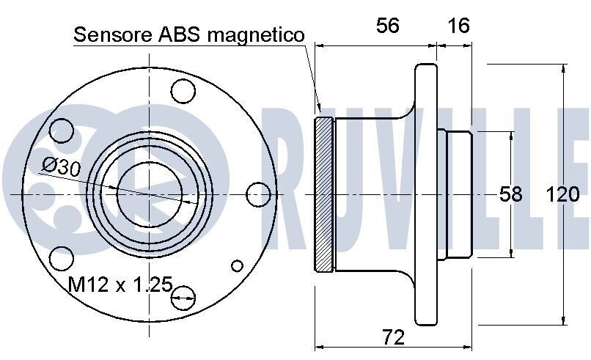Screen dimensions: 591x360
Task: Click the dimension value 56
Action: point(387,26)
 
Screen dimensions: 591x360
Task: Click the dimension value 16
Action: point(459,26)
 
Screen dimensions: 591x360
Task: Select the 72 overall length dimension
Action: point(394,337)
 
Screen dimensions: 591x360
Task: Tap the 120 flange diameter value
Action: point(562,194)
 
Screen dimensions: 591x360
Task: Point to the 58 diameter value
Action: point(511,194)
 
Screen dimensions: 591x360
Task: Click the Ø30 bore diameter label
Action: point(62,167)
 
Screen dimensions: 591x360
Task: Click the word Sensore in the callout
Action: point(113,34)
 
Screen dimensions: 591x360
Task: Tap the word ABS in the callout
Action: point(180,34)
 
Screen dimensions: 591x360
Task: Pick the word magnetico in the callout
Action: point(256,36)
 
